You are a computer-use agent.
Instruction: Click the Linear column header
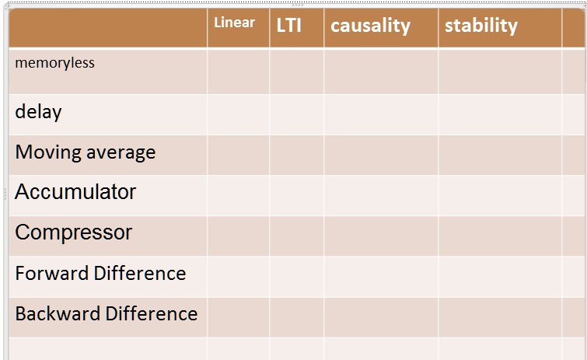pyautogui.click(x=234, y=23)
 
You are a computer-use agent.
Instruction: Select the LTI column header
pyautogui.click(x=288, y=25)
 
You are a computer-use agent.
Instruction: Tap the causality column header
pyautogui.click(x=370, y=25)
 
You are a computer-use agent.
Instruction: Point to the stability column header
pyautogui.click(x=480, y=25)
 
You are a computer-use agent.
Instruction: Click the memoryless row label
pyautogui.click(x=54, y=63)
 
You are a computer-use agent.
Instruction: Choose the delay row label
pyautogui.click(x=38, y=112)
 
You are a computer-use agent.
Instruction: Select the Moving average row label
pyautogui.click(x=85, y=152)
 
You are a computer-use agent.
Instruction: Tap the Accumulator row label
pyautogui.click(x=75, y=192)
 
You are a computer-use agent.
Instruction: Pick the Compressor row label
pyautogui.click(x=73, y=232)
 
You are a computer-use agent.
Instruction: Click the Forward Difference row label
pyautogui.click(x=100, y=274)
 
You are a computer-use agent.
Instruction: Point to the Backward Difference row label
pyautogui.click(x=106, y=314)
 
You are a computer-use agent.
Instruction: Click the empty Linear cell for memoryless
pyautogui.click(x=238, y=72)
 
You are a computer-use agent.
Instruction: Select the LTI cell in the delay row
pyautogui.click(x=296, y=114)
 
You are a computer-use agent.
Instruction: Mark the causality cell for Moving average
pyautogui.click(x=380, y=155)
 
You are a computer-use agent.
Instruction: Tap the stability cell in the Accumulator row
pyautogui.click(x=499, y=195)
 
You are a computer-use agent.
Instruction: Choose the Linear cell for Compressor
pyautogui.click(x=238, y=236)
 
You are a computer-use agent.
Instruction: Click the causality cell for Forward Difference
pyautogui.click(x=380, y=276)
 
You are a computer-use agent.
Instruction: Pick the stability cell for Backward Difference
pyautogui.click(x=499, y=316)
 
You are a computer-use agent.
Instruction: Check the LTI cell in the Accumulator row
pyautogui.click(x=296, y=195)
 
